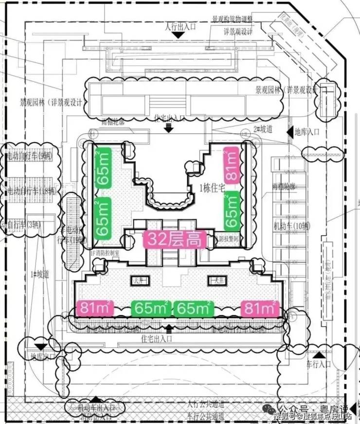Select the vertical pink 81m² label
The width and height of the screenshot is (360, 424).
[x=232, y=166]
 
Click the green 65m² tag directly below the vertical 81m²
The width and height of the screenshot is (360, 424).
[x=232, y=210]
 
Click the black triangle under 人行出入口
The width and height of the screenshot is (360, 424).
[x=180, y=35]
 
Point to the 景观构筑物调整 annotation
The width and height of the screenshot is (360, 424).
[x=232, y=20]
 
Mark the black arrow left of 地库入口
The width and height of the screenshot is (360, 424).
[x=287, y=131]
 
